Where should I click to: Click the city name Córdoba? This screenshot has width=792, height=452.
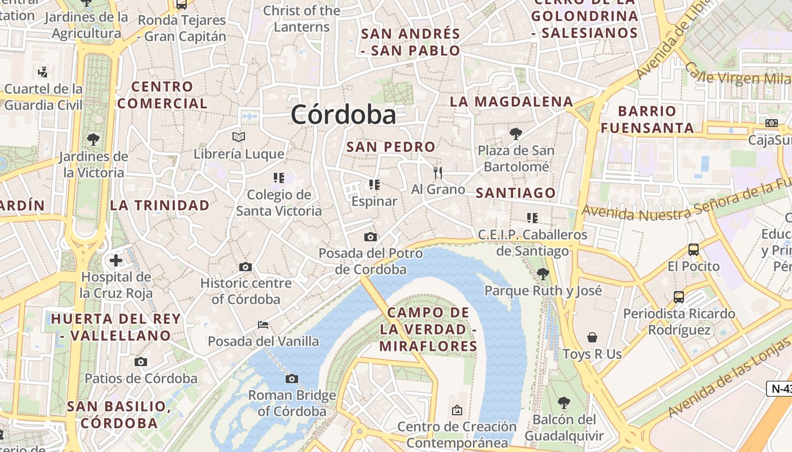tap(343, 115)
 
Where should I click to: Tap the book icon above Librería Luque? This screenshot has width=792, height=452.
tap(239, 137)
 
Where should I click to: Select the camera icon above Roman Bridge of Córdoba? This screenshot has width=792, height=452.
tap(292, 379)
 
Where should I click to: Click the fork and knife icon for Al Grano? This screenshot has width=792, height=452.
tap(437, 172)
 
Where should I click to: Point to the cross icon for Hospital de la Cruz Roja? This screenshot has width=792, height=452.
tap(116, 260)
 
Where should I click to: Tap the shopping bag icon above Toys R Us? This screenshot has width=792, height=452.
tap(592, 337)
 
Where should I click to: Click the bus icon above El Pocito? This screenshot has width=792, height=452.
tap(693, 249)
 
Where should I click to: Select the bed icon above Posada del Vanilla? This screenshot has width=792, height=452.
tap(263, 324)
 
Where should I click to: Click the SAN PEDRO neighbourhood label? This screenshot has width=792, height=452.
tap(391, 147)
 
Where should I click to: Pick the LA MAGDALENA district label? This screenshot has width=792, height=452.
tap(511, 102)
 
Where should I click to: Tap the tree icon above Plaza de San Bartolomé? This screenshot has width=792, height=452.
tap(515, 134)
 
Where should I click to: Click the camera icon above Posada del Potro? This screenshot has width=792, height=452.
tap(371, 237)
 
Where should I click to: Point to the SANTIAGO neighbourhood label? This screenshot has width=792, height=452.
tap(515, 193)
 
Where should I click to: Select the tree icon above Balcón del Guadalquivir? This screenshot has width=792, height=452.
tap(563, 403)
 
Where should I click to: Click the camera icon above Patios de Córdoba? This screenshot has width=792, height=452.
tap(141, 362)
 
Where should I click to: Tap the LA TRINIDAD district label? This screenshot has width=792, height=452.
tap(160, 205)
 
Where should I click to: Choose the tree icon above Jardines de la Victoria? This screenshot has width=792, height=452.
tap(93, 139)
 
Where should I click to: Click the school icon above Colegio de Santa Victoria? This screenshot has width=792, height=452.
tap(278, 179)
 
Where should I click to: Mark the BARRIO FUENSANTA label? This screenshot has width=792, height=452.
tap(647, 119)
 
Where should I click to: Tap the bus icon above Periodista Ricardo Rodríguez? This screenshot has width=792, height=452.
tap(679, 297)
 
